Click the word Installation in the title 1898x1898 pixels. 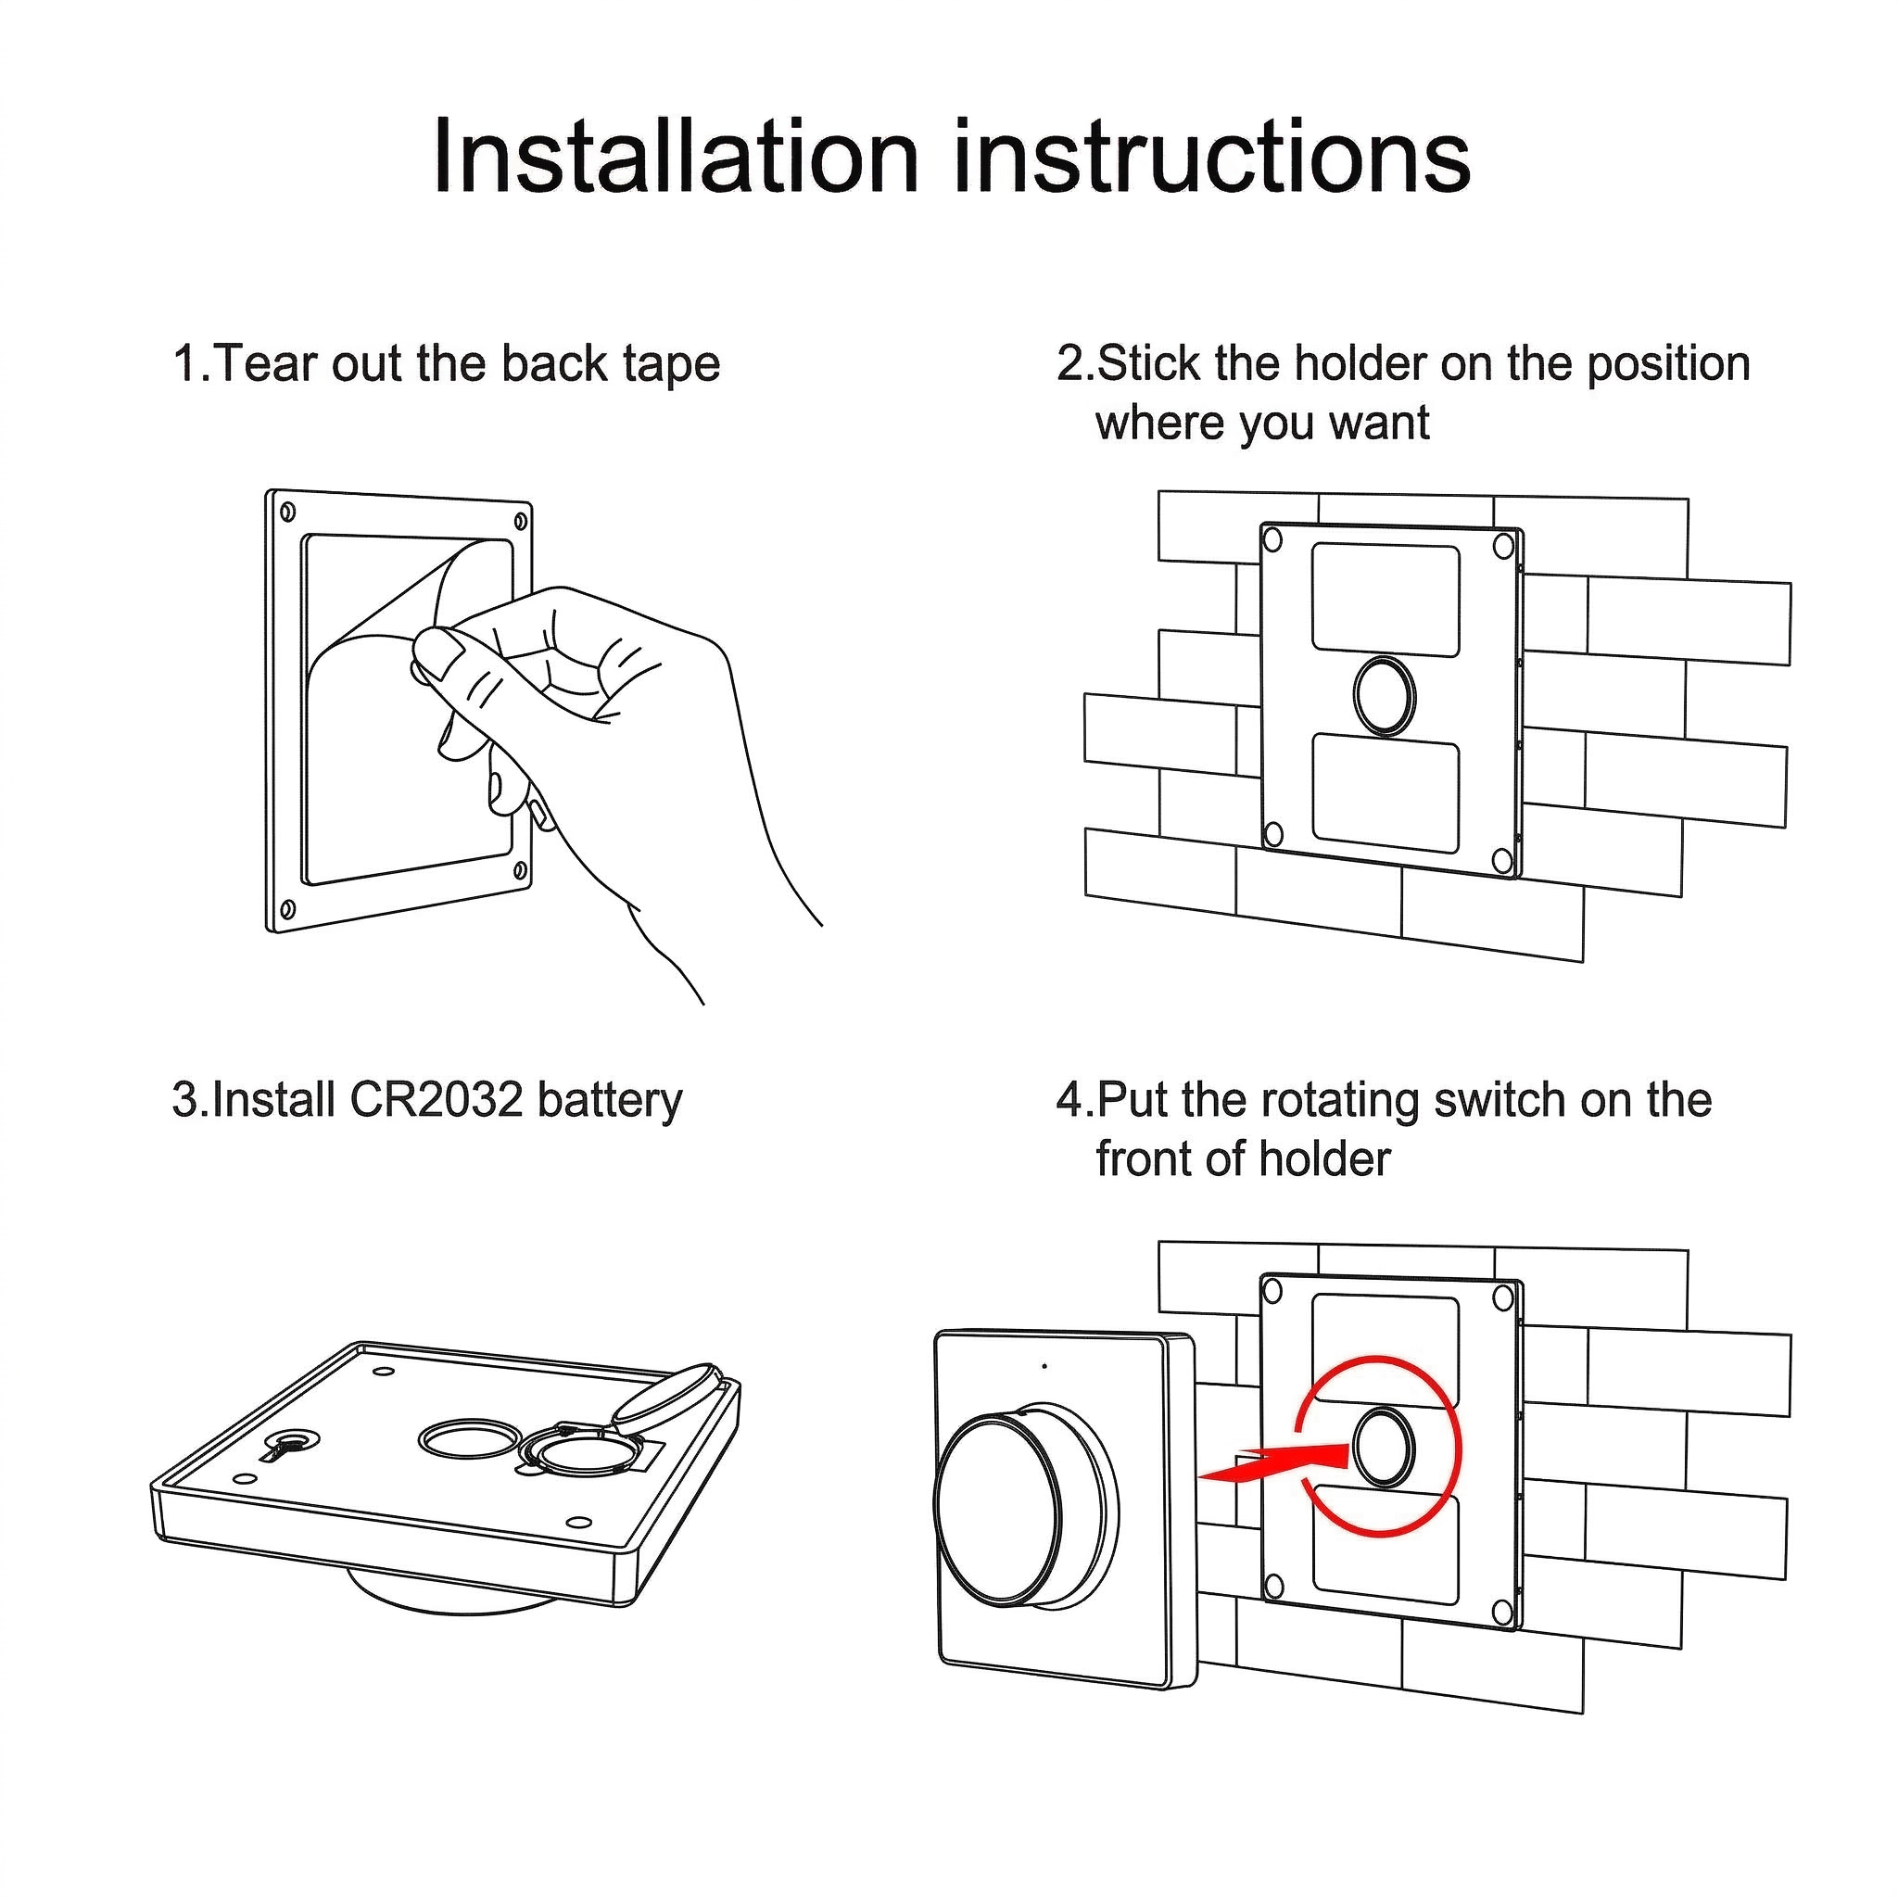coord(676,158)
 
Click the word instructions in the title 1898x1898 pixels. coord(1212,158)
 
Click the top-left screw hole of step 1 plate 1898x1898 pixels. coord(288,512)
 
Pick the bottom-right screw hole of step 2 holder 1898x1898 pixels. coord(1501,861)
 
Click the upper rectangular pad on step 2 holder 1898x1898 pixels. coord(1386,601)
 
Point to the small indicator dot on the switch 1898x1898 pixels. coord(1044,1365)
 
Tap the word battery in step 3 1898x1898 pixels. coord(610,1101)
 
